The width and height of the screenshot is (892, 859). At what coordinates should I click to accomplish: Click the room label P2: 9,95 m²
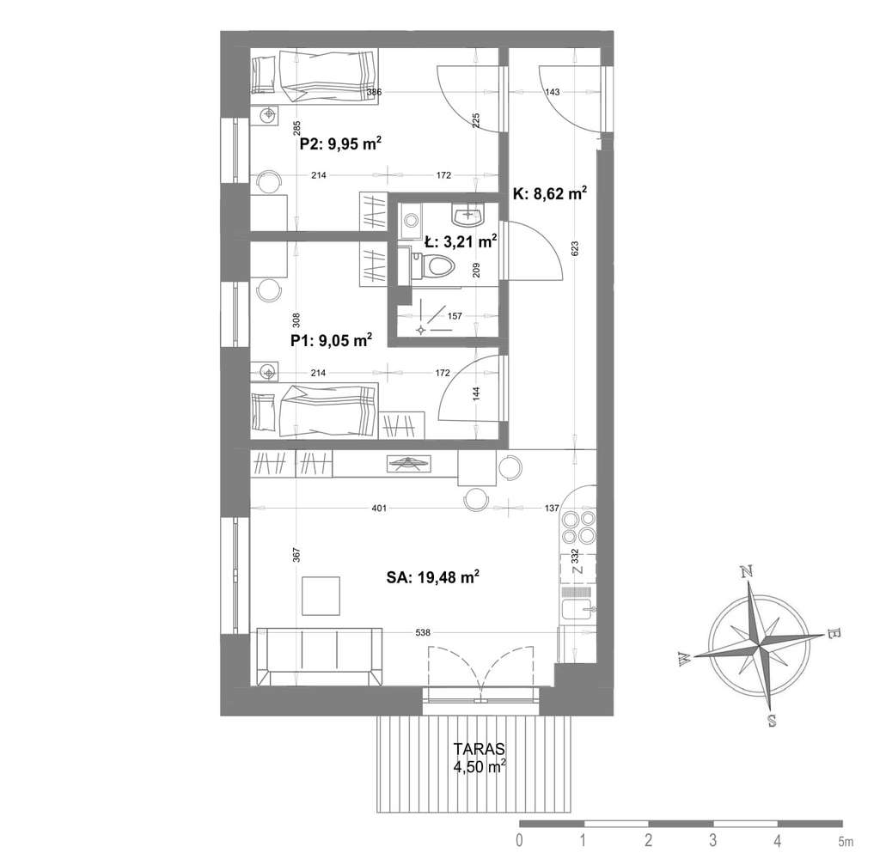(x=340, y=143)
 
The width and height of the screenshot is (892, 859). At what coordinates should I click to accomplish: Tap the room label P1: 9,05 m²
(x=331, y=340)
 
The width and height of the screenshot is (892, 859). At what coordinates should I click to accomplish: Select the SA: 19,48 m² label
(x=432, y=577)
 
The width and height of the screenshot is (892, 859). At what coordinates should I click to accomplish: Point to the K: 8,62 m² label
(x=550, y=194)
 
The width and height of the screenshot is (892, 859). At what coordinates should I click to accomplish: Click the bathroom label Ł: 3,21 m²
(x=461, y=242)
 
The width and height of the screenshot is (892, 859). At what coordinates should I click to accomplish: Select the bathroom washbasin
(x=468, y=215)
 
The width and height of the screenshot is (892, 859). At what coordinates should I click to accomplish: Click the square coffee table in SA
(x=321, y=596)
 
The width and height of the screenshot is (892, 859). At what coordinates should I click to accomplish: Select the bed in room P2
(x=315, y=77)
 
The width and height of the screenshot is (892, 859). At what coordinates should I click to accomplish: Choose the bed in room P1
(x=315, y=411)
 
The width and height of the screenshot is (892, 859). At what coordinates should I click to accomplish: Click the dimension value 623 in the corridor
(x=575, y=248)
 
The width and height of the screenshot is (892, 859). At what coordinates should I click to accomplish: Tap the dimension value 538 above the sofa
(x=424, y=632)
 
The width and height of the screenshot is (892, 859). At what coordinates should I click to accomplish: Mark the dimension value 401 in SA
(x=379, y=508)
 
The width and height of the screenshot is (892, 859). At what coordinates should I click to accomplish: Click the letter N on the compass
(x=747, y=571)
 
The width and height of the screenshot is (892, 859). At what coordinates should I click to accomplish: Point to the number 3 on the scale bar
(x=712, y=839)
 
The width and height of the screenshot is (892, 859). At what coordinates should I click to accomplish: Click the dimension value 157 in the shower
(x=455, y=316)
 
